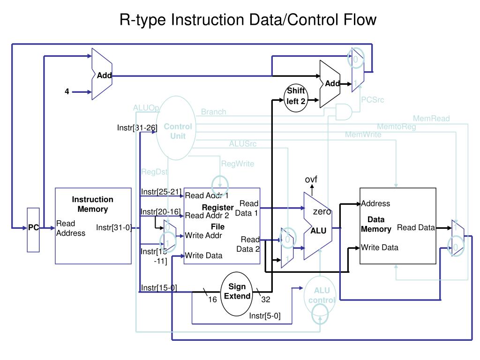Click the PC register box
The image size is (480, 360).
click(x=33, y=228)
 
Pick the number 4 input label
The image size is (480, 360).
click(x=67, y=92)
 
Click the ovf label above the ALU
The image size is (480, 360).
click(x=311, y=180)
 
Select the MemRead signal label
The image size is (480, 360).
click(x=431, y=119)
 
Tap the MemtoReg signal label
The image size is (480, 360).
click(x=396, y=127)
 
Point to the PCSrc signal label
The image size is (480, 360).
click(x=373, y=99)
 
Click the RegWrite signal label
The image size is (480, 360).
click(x=238, y=164)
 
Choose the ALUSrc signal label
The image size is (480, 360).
click(x=243, y=143)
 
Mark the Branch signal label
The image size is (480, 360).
click(x=213, y=112)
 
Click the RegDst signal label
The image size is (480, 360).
click(x=154, y=172)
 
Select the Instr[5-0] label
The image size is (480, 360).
click(x=265, y=315)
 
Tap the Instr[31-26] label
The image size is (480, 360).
click(x=137, y=127)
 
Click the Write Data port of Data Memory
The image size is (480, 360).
click(x=380, y=247)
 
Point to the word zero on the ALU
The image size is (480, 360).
click(x=322, y=212)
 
